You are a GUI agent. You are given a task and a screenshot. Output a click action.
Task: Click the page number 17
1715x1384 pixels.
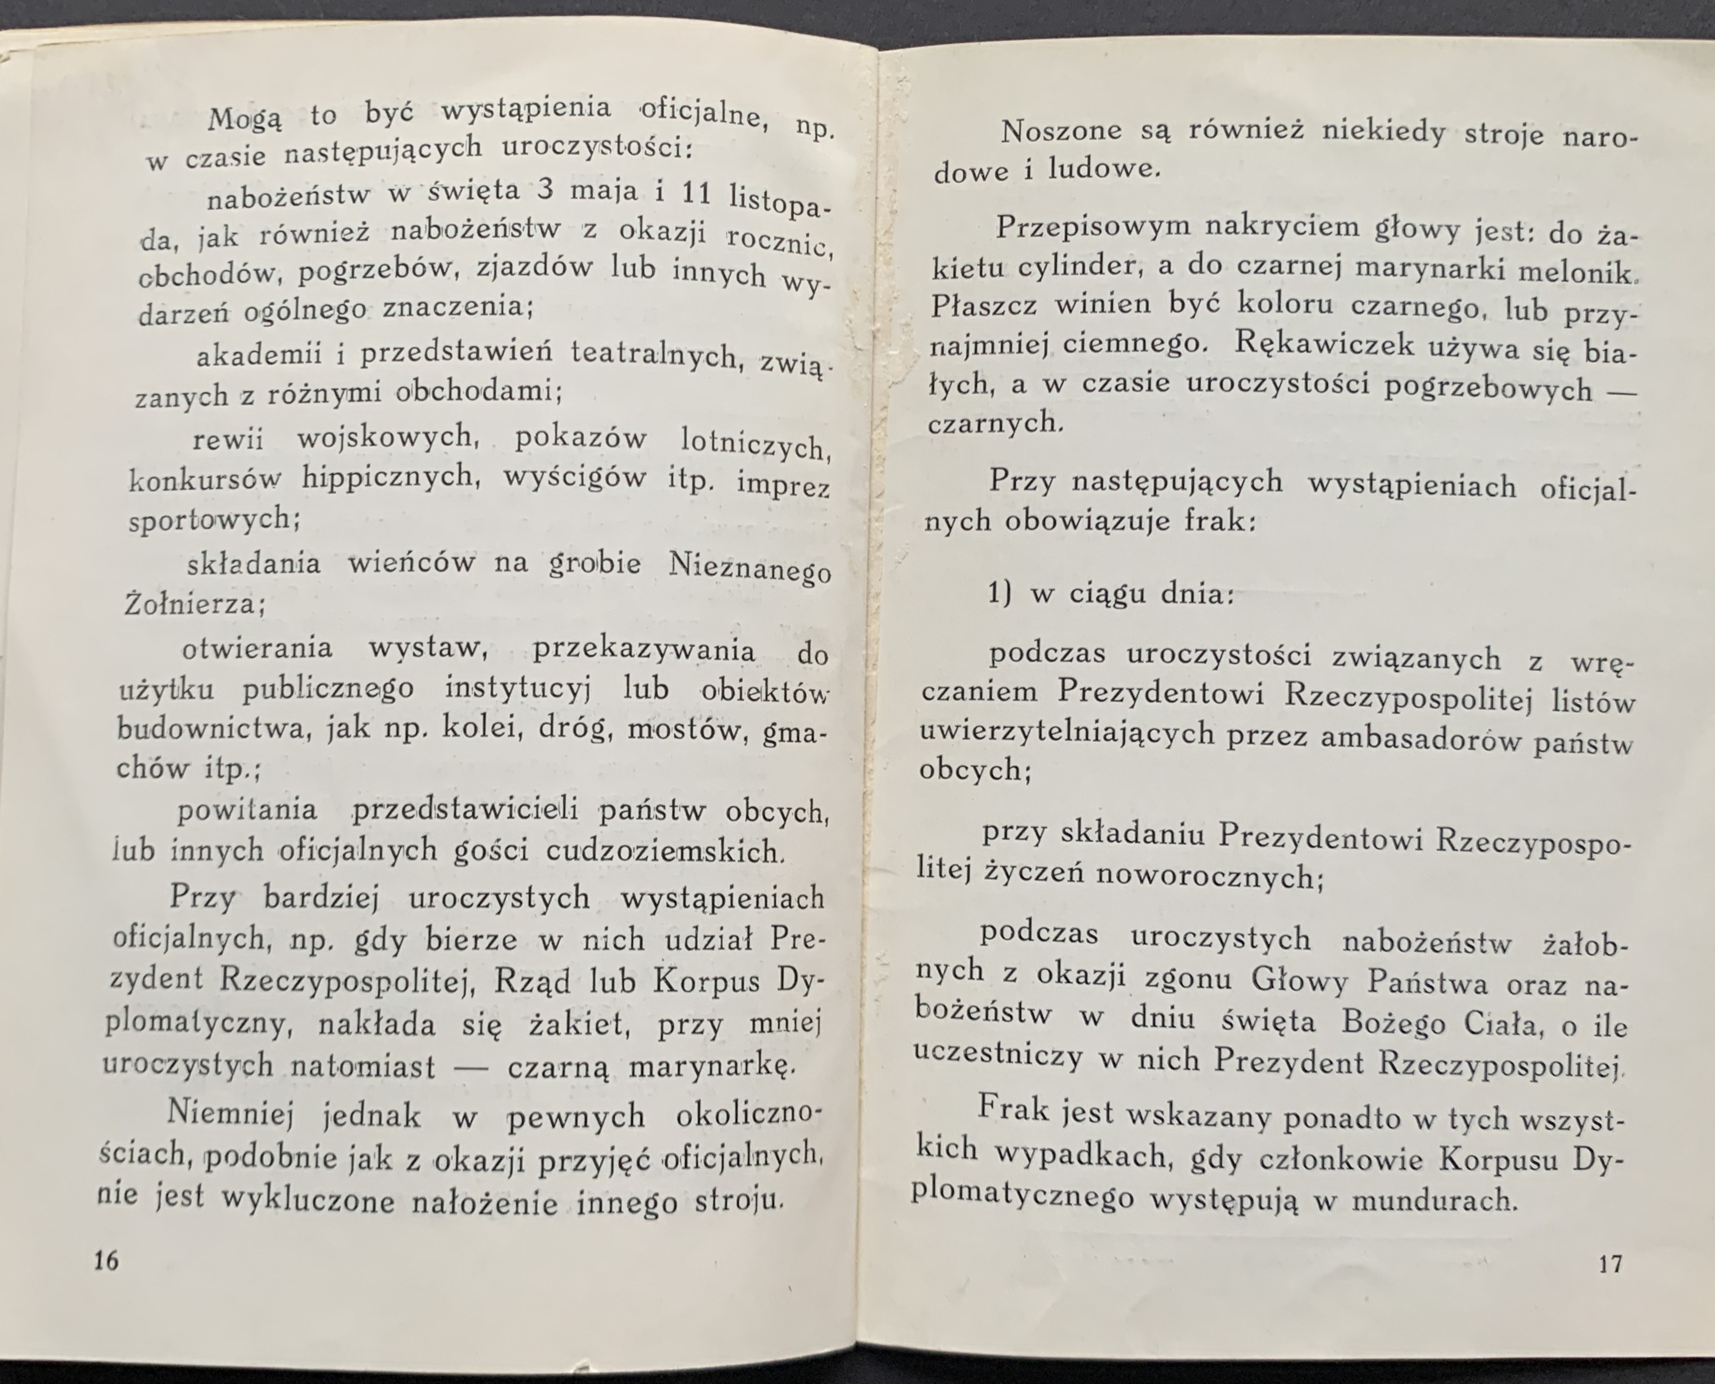(1610, 1264)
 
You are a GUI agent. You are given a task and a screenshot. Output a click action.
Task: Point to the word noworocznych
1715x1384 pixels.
(1209, 876)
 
